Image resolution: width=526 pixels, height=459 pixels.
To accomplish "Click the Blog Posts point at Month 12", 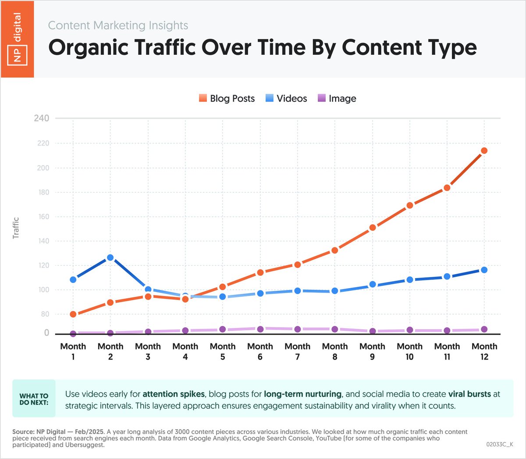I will [x=484, y=151].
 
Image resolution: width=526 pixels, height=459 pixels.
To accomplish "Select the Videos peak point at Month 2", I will [x=110, y=258].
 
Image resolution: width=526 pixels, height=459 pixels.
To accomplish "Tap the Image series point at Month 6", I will [x=260, y=329].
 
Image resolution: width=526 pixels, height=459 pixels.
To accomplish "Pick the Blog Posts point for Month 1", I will [x=73, y=314].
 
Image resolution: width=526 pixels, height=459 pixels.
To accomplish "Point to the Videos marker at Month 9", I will [x=373, y=284].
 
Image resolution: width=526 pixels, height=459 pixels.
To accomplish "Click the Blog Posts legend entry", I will [x=227, y=99].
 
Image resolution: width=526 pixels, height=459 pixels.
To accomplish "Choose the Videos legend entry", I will [x=286, y=99].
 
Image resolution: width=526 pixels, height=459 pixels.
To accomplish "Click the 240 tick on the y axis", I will [x=42, y=118].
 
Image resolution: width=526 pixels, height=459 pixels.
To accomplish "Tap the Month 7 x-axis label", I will [x=298, y=351].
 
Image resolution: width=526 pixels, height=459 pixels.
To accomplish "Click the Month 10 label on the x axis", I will [x=410, y=351].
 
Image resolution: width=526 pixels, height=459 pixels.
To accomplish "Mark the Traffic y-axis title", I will [x=16, y=228].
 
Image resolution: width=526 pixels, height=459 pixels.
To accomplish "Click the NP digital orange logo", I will [x=17, y=39].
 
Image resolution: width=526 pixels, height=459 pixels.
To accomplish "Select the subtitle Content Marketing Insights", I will [x=118, y=25].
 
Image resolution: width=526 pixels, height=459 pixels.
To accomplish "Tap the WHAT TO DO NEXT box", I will [x=34, y=399].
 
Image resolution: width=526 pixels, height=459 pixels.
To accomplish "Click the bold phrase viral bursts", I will [x=469, y=394].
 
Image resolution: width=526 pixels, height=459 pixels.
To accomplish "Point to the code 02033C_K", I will [x=500, y=444].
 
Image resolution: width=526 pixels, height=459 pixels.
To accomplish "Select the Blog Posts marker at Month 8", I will [x=335, y=250].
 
